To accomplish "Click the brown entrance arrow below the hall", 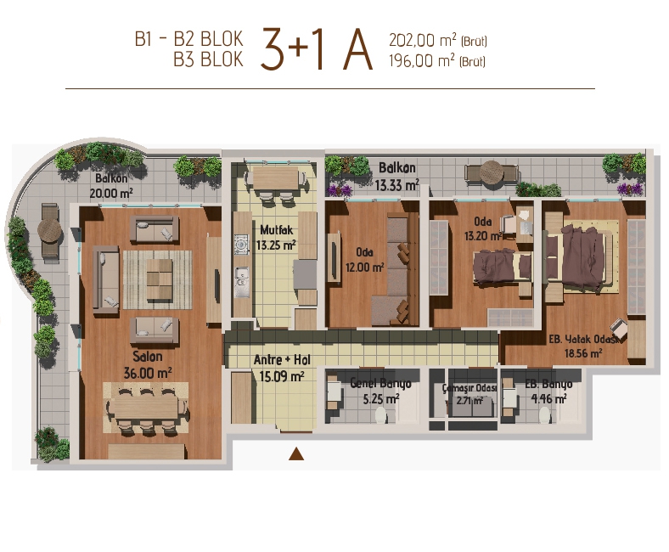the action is pyautogui.click(x=296, y=453).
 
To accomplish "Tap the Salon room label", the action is pyautogui.click(x=147, y=357).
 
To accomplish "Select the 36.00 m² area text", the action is pyautogui.click(x=148, y=373).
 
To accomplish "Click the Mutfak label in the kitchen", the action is pyautogui.click(x=277, y=230).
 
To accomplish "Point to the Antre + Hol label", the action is pyautogui.click(x=282, y=360).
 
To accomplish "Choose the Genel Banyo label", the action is pyautogui.click(x=380, y=384).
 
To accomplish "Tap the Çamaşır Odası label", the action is pyautogui.click(x=469, y=388).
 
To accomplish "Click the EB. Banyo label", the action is pyautogui.click(x=548, y=384).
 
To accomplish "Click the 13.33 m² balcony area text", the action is pyautogui.click(x=396, y=185).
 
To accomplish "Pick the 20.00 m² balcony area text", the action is pyautogui.click(x=111, y=193).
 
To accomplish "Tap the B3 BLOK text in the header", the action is pyautogui.click(x=208, y=59).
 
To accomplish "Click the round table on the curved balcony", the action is pyautogui.click(x=50, y=231).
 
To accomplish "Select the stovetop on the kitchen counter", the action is pyautogui.click(x=241, y=245).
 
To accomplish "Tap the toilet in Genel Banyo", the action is pyautogui.click(x=380, y=415).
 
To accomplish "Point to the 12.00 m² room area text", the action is pyautogui.click(x=365, y=268).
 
